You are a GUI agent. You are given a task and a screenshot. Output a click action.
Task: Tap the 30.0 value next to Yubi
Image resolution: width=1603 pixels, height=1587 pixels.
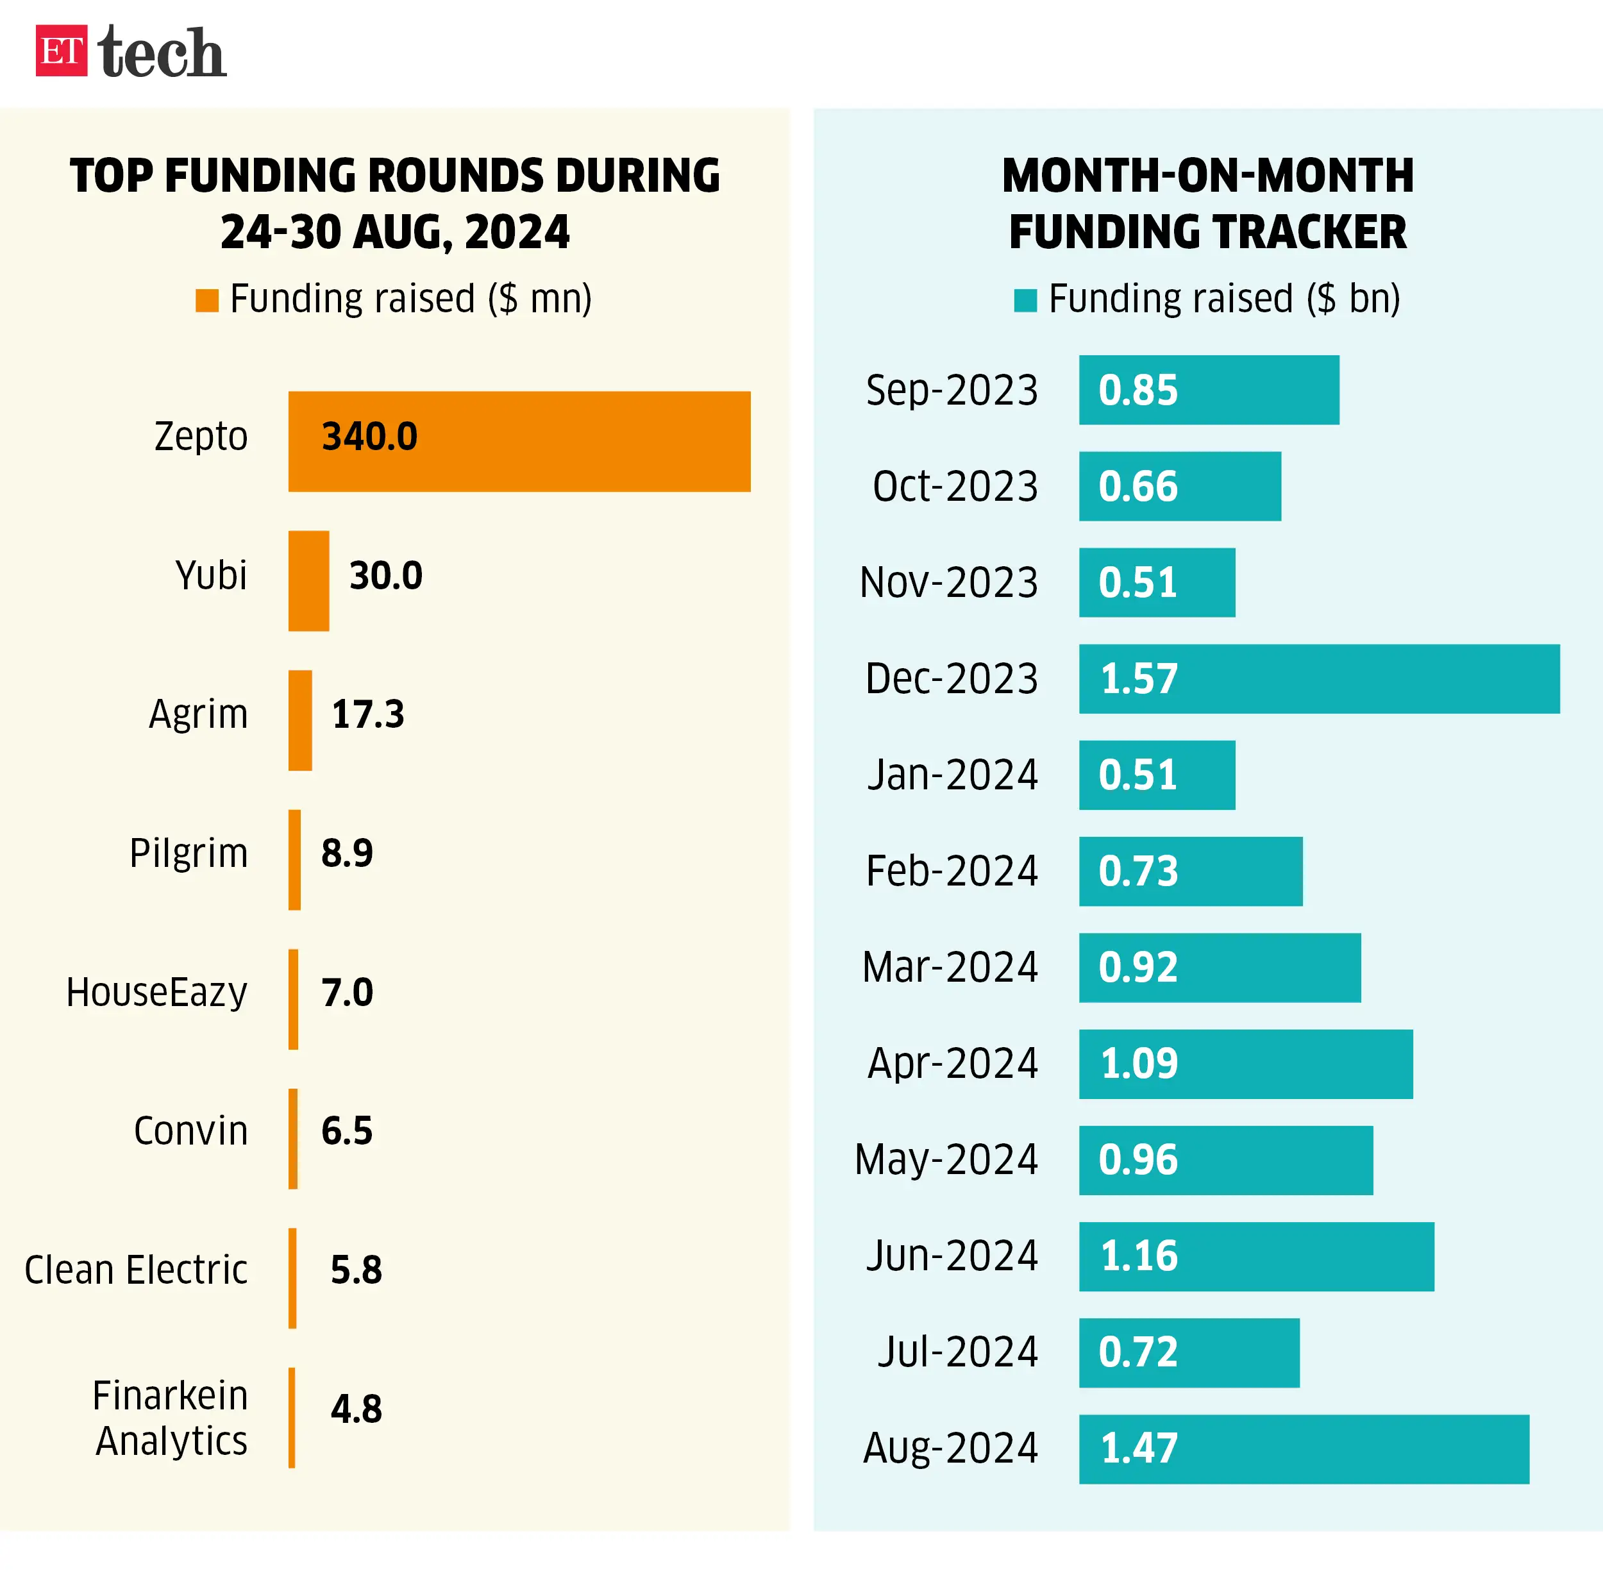point(386,576)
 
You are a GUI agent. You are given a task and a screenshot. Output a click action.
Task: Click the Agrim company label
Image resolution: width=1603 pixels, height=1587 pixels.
point(198,714)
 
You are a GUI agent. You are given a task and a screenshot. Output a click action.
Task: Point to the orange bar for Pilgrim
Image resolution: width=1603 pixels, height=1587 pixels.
point(294,859)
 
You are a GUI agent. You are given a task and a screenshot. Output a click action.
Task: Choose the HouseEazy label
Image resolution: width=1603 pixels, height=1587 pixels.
point(157,992)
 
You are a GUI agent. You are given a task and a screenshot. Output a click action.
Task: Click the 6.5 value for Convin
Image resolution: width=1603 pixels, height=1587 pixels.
point(347,1130)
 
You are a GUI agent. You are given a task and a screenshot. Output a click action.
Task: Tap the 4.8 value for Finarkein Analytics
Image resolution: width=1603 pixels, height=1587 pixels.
point(356,1409)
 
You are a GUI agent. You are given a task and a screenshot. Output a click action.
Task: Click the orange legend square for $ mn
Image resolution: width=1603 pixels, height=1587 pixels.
point(206,300)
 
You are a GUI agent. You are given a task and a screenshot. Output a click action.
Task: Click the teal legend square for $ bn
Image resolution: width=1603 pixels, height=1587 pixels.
point(1025,300)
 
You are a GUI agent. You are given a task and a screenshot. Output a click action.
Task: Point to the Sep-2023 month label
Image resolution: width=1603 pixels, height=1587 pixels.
point(952,390)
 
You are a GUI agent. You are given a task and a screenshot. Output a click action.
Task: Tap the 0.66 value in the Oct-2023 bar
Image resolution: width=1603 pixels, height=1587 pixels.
point(1137,486)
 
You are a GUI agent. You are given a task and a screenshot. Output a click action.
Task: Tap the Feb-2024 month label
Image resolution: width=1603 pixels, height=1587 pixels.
point(952,871)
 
